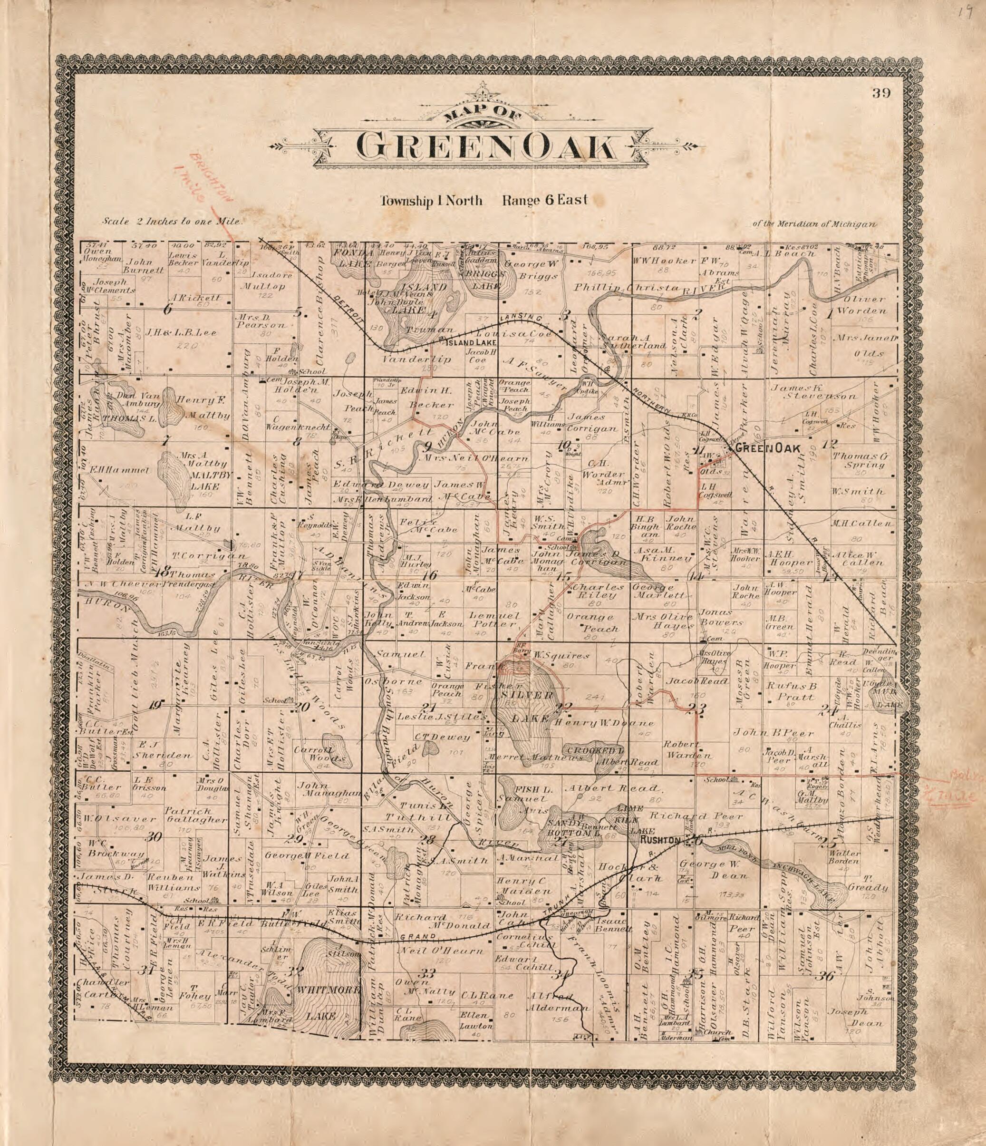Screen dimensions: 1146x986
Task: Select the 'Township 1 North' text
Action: click(x=431, y=200)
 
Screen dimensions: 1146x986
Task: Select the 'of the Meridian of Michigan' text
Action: click(x=814, y=224)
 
